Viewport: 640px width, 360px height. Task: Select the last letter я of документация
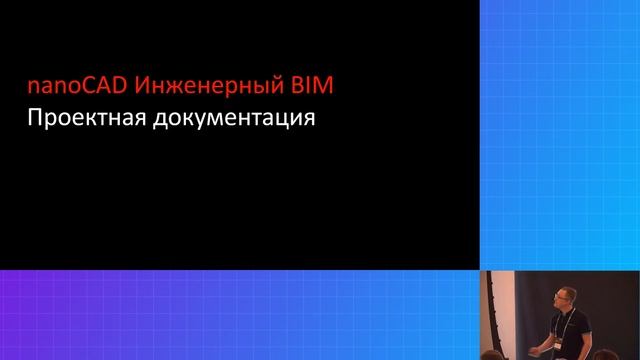pyautogui.click(x=309, y=120)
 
